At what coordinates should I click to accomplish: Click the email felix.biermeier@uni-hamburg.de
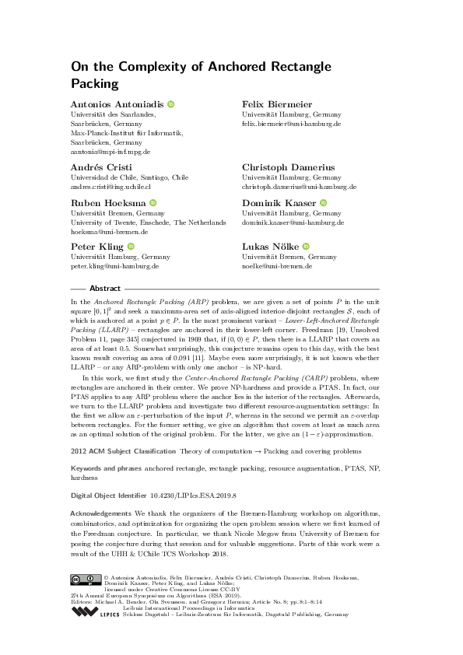pos(292,124)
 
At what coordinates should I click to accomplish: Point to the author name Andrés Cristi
pos(99,167)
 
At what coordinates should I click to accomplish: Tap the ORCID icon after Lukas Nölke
pos(305,247)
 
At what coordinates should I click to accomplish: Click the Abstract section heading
pos(105,287)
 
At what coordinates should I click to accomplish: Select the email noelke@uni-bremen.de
pos(277,266)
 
